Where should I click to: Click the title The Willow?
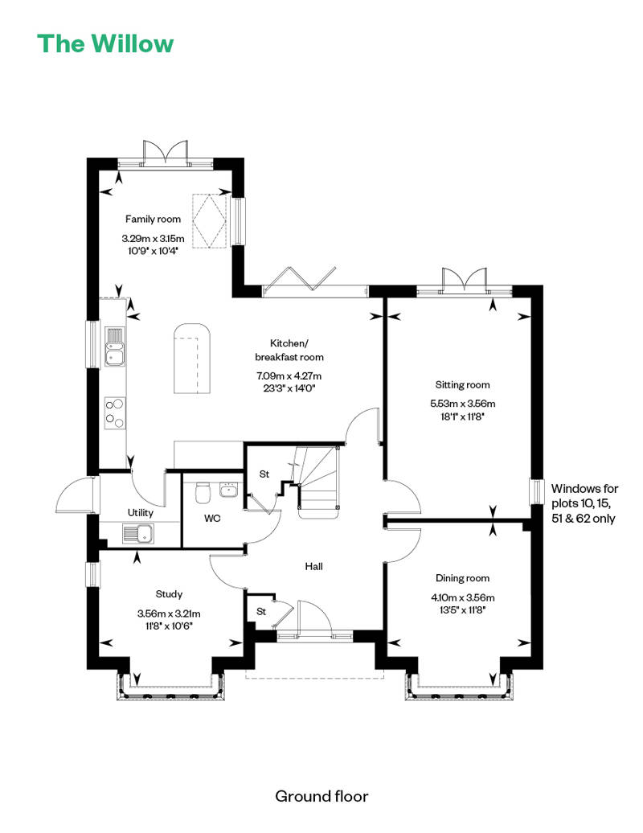coord(104,43)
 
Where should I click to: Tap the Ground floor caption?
coord(321,796)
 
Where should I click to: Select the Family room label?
coord(153,219)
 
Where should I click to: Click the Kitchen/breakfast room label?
coord(289,350)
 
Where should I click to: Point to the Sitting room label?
coord(462,385)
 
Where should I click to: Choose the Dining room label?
coord(462,578)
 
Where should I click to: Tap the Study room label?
coord(169,594)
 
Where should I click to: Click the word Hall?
coord(313,566)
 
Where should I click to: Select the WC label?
coord(212,519)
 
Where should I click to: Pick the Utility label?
coord(141,512)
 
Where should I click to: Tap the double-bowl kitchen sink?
coord(115,346)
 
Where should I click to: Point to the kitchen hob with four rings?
coord(115,413)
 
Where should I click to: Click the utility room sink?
coord(138,532)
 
